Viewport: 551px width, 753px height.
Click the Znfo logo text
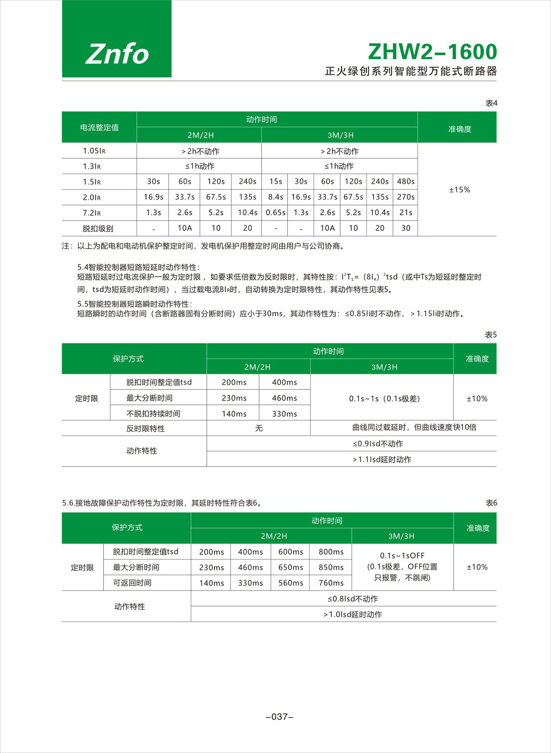click(117, 54)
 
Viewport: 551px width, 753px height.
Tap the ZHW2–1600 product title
click(432, 52)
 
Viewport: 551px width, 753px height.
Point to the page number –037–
click(280, 717)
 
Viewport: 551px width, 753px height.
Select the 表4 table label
click(491, 103)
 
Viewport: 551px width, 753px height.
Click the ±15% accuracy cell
click(460, 190)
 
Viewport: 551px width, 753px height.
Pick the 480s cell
click(406, 181)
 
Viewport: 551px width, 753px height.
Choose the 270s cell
click(406, 197)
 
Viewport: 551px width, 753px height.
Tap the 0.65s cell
click(275, 213)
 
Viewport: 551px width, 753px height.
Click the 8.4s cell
click(275, 197)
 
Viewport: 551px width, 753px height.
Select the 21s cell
click(406, 213)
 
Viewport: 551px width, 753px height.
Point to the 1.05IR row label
click(94, 151)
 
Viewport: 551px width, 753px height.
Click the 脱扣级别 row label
click(98, 228)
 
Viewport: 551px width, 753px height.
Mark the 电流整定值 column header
click(99, 127)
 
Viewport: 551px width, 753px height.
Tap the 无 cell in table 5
click(259, 428)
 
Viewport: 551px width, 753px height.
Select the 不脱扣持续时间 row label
click(153, 414)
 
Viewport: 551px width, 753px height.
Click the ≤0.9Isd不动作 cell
click(378, 444)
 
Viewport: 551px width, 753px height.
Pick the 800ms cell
click(331, 552)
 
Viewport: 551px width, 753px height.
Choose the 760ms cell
click(331, 583)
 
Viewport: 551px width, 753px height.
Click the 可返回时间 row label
click(132, 583)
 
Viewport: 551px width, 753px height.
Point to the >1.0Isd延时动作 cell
click(353, 615)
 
